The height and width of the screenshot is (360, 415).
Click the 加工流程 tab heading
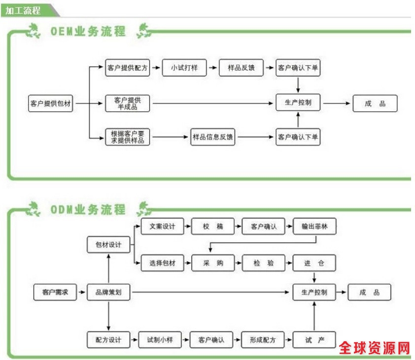(x=24, y=10)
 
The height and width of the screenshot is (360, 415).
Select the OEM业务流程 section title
(x=88, y=32)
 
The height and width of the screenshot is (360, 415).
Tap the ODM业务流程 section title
(x=88, y=210)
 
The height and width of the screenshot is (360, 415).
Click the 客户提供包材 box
(x=50, y=104)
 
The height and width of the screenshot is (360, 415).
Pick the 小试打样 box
(x=184, y=68)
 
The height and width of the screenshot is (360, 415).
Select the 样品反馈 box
(x=241, y=68)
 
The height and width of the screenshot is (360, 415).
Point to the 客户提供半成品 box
(x=127, y=103)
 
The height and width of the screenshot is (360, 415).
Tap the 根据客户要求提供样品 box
(x=127, y=137)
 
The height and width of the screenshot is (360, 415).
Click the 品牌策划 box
(x=108, y=292)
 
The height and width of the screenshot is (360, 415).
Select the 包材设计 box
(x=108, y=245)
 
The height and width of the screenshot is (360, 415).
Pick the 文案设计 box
(x=162, y=226)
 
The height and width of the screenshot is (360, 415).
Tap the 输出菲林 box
(x=314, y=226)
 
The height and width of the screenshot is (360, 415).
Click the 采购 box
(x=212, y=263)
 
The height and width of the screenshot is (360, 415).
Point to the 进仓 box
(x=314, y=263)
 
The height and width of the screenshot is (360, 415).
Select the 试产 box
(x=314, y=340)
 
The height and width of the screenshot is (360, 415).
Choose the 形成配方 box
(x=263, y=340)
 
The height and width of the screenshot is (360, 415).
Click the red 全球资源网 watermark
(x=375, y=349)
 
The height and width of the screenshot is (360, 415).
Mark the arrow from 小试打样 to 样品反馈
(x=212, y=68)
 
